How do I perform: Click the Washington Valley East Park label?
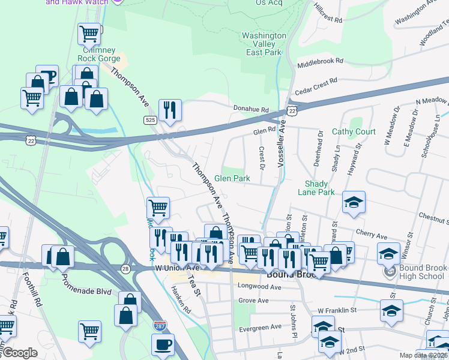264,44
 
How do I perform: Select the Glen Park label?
232,179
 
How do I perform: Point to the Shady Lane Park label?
316,188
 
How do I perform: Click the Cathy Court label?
354,131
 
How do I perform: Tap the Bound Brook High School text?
422,271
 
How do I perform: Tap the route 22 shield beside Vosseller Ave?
292,111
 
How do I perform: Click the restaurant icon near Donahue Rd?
170,110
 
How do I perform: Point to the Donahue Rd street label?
251,109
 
